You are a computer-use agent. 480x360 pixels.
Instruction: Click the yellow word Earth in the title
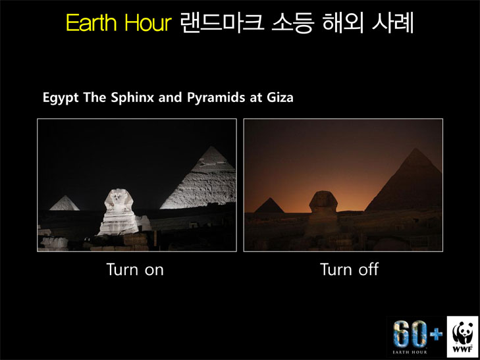[92, 22]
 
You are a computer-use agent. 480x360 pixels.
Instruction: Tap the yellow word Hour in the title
[148, 22]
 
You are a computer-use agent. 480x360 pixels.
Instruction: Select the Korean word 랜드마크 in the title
[222, 22]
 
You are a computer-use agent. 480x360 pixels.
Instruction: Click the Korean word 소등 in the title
[292, 22]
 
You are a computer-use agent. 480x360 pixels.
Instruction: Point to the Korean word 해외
[342, 22]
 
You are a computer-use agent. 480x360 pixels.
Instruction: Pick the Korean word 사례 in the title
[392, 22]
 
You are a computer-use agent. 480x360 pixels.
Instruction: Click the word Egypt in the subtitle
[61, 98]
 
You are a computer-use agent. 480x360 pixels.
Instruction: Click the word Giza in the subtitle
[280, 97]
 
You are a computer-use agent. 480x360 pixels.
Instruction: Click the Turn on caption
[135, 269]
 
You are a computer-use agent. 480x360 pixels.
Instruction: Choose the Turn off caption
[349, 269]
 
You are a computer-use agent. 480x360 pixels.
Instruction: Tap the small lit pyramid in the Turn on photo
[65, 203]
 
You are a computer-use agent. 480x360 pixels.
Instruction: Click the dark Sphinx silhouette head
[323, 201]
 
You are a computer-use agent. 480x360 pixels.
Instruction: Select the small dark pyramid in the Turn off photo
[269, 205]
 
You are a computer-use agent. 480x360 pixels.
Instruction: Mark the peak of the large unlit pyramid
[415, 148]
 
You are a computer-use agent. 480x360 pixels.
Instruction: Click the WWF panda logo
[462, 336]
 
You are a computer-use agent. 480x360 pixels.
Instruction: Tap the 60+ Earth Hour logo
[417, 336]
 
